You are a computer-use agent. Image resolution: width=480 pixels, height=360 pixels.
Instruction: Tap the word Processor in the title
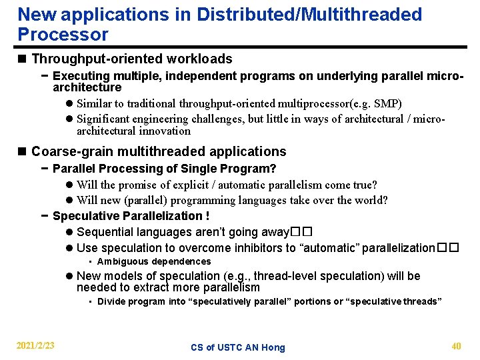[x=63, y=35]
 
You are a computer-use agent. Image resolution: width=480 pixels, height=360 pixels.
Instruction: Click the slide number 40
[x=456, y=346]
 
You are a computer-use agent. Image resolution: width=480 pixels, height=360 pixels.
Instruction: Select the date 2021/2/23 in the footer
[x=35, y=346]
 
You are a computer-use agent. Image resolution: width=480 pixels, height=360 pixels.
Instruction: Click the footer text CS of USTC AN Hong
[x=238, y=347]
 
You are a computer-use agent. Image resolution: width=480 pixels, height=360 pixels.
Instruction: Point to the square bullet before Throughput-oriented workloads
[x=23, y=59]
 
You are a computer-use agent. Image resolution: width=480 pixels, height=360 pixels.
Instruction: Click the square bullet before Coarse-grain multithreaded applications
[x=23, y=152]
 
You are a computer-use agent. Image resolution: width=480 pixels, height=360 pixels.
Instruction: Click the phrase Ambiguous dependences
[x=154, y=262]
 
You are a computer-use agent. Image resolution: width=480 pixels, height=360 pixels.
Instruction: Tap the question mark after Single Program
[x=273, y=169]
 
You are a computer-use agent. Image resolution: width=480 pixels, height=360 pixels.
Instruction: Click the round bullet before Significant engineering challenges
[x=69, y=119]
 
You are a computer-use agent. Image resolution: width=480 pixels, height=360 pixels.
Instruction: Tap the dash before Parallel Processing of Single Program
[x=43, y=169]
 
